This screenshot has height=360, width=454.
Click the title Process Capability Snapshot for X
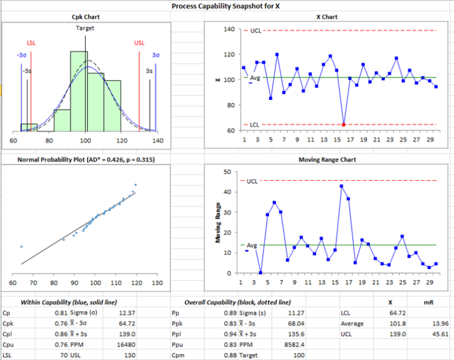coord(226,6)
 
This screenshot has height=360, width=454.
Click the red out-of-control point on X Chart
coord(344,124)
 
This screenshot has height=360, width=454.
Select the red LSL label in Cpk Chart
coord(31,43)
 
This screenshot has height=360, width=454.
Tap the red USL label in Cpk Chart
coord(139,43)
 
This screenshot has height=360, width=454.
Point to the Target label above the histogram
coord(85,28)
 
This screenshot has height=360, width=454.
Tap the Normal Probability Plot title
coord(86,160)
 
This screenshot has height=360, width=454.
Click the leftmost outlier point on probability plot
coord(21,247)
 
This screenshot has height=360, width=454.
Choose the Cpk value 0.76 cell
coord(60,323)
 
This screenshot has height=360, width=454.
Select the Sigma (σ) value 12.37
coord(127,313)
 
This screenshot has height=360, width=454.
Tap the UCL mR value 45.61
coord(439,334)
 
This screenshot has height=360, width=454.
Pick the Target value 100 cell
coord(297,355)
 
